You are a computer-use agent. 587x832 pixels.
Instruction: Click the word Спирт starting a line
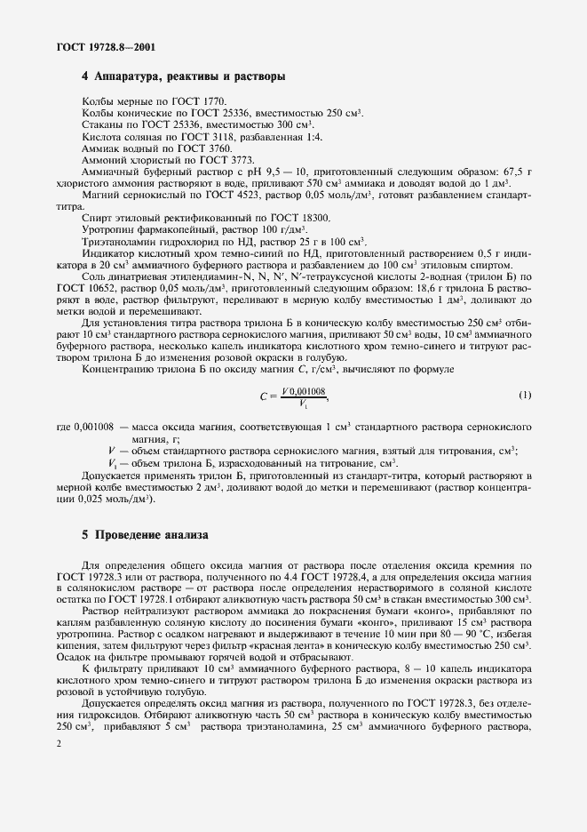pos(97,217)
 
